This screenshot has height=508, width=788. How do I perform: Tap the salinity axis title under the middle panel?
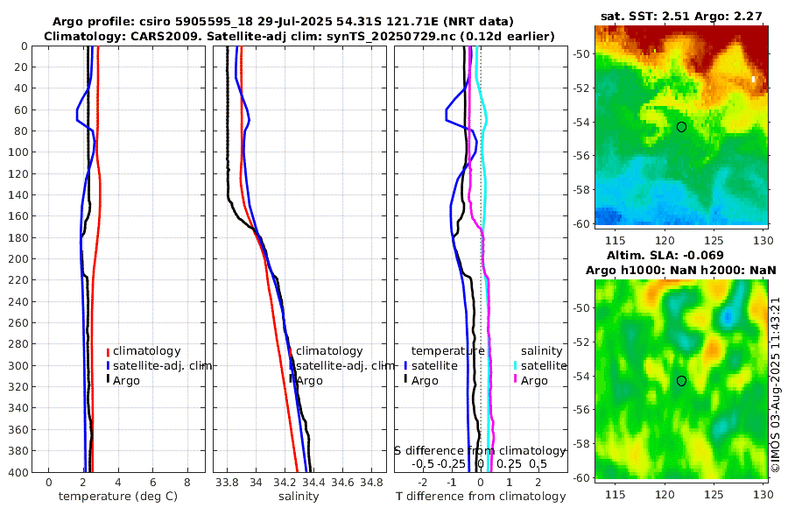299,497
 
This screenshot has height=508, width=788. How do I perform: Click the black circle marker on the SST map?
682,126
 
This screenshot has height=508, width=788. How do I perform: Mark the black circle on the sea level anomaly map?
682,380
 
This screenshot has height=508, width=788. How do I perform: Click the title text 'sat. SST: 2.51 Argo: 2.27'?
681,16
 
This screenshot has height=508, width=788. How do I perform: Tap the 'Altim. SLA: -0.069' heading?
681,253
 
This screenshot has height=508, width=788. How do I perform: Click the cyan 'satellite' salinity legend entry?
538,365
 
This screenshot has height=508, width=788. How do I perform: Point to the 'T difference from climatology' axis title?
480,497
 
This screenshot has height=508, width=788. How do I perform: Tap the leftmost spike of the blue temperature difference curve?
447,111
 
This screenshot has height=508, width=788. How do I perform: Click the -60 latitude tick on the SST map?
584,223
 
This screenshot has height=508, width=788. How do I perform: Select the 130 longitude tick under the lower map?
761,495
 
